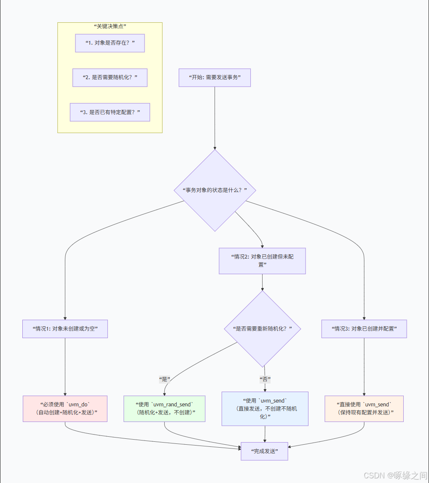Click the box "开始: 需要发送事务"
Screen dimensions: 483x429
[x=214, y=77]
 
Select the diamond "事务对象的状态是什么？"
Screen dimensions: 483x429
[x=215, y=190]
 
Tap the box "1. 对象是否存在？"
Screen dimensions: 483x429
[x=110, y=43]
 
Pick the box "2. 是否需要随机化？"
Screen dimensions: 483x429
[x=110, y=77]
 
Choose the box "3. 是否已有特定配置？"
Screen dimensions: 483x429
[x=110, y=112]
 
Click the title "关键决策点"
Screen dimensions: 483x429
[x=110, y=26]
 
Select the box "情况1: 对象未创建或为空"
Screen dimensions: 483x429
[x=65, y=328]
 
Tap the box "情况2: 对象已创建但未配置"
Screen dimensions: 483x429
[x=262, y=261]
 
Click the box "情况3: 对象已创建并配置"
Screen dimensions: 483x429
[x=364, y=328]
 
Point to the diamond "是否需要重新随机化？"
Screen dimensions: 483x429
[x=262, y=328]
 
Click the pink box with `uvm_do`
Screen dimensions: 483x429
[x=65, y=408]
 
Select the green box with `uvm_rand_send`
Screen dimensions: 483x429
[x=164, y=408]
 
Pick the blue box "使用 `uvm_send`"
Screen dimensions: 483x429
[x=265, y=408]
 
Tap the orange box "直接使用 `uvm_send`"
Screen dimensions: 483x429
[x=364, y=408]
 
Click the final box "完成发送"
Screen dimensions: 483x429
[x=264, y=451]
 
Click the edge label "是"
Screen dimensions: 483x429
[x=164, y=379]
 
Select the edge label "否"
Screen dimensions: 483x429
[x=265, y=379]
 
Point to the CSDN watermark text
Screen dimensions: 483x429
[x=394, y=475]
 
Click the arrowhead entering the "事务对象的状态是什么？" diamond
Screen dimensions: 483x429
[x=215, y=148]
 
